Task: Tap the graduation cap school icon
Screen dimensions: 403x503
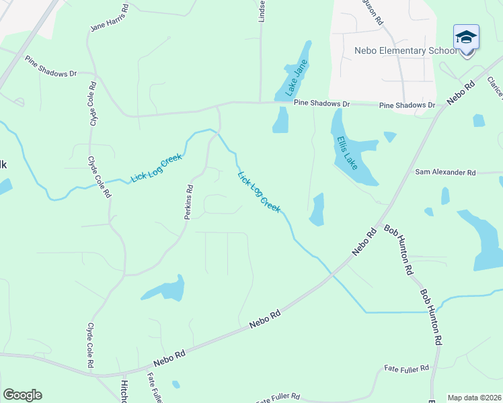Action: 466,38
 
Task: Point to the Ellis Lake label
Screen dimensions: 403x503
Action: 348,152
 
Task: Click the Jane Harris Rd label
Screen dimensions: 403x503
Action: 110,19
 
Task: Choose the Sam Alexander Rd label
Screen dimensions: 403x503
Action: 445,173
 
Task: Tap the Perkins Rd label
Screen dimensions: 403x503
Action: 189,202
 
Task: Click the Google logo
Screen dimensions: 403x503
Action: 22,395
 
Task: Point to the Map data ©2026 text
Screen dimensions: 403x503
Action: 474,398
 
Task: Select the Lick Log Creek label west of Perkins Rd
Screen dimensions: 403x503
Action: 149,169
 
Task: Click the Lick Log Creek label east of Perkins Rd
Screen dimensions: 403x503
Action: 259,192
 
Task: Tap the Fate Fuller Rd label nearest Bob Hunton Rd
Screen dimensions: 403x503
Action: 406,369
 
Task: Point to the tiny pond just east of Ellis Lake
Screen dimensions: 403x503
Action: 389,136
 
